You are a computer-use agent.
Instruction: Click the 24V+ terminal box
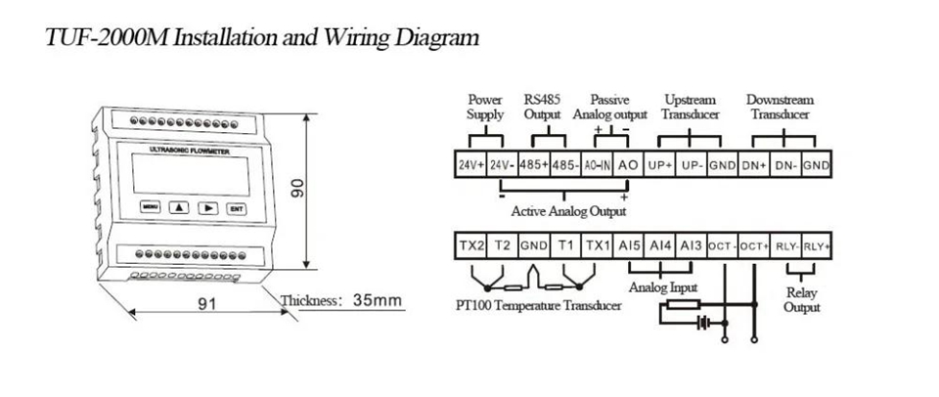pyautogui.click(x=471, y=165)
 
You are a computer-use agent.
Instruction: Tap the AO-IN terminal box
pyautogui.click(x=597, y=165)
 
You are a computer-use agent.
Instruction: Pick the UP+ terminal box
pyautogui.click(x=659, y=165)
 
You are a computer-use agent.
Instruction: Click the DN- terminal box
pyautogui.click(x=783, y=165)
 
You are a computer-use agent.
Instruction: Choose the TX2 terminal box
pyautogui.click(x=471, y=243)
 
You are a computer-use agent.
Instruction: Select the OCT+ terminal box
pyautogui.click(x=753, y=243)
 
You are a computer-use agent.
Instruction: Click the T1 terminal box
pyautogui.click(x=564, y=243)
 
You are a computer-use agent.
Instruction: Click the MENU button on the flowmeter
pyautogui.click(x=149, y=208)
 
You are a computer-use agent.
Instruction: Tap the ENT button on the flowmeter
pyautogui.click(x=236, y=208)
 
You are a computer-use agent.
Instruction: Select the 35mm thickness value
pyautogui.click(x=377, y=301)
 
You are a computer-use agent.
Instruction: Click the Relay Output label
pyautogui.click(x=802, y=300)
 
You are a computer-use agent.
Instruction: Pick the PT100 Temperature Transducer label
pyautogui.click(x=538, y=306)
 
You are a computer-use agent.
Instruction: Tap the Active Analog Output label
pyautogui.click(x=568, y=211)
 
